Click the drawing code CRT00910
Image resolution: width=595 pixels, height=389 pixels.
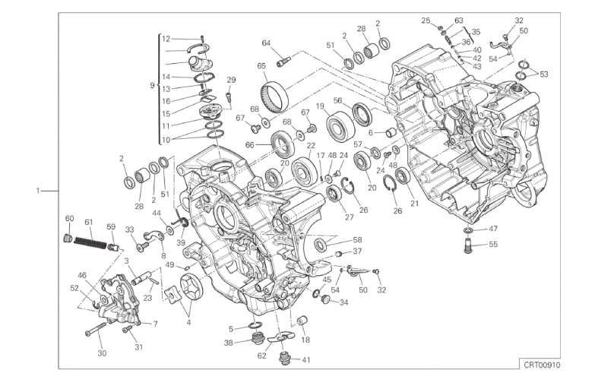pos(541,365)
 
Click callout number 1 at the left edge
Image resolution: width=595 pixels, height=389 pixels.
pos(38,191)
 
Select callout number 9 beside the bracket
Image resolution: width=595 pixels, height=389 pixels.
pos(153,85)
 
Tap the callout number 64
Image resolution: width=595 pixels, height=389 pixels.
pos(267,43)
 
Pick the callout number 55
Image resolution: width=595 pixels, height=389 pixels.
pos(493,245)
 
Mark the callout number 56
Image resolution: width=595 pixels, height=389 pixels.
pos(337,100)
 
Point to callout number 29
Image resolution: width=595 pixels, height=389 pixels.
pos(231,80)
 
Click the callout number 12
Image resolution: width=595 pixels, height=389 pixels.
pos(166,38)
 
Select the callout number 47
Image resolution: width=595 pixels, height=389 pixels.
pos(493,229)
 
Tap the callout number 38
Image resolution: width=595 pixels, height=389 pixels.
pos(228,343)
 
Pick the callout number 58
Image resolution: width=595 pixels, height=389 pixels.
pos(358,239)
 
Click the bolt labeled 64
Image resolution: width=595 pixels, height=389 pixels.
pos(284,55)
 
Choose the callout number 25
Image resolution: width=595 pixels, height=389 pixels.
pos(426,21)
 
